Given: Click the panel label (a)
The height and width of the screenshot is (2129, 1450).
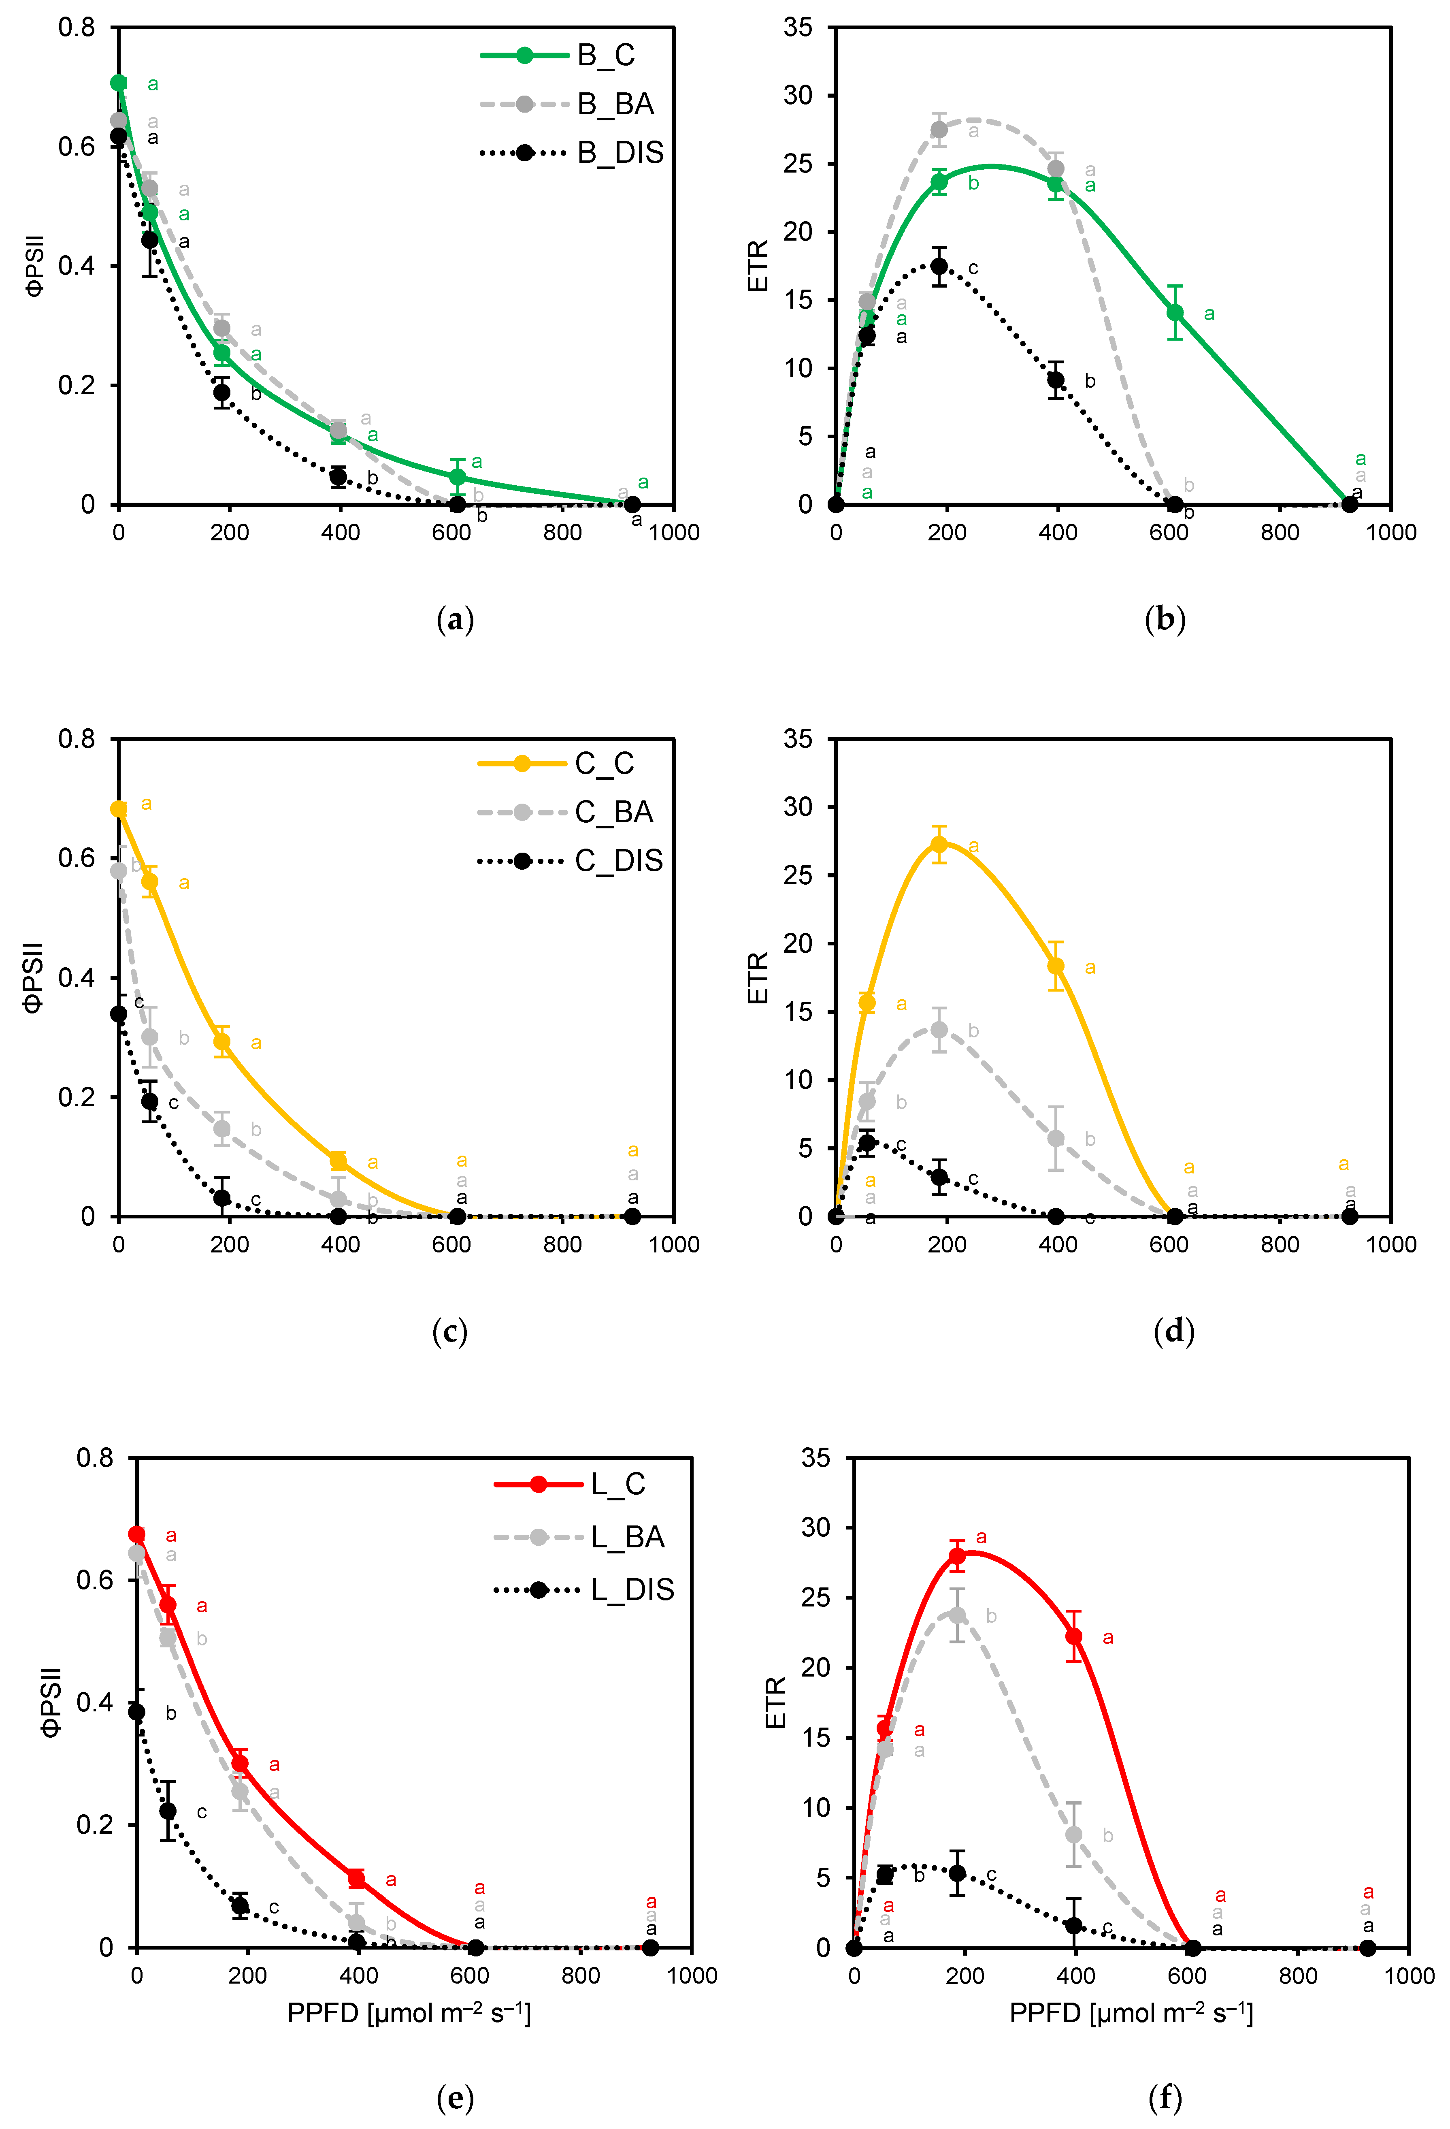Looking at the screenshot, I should click(x=455, y=620).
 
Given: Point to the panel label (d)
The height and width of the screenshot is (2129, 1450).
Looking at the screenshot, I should click(x=1173, y=1331).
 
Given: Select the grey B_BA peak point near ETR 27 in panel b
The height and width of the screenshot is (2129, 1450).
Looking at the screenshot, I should click(x=939, y=129).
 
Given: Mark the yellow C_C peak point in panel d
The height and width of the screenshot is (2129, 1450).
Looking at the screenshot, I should click(x=939, y=844).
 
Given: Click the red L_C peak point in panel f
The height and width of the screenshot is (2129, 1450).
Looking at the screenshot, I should click(x=957, y=1555).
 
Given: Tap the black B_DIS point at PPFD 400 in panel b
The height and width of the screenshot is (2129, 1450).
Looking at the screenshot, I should click(x=1056, y=379).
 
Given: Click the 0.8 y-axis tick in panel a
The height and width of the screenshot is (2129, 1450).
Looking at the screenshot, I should click(x=77, y=28).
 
